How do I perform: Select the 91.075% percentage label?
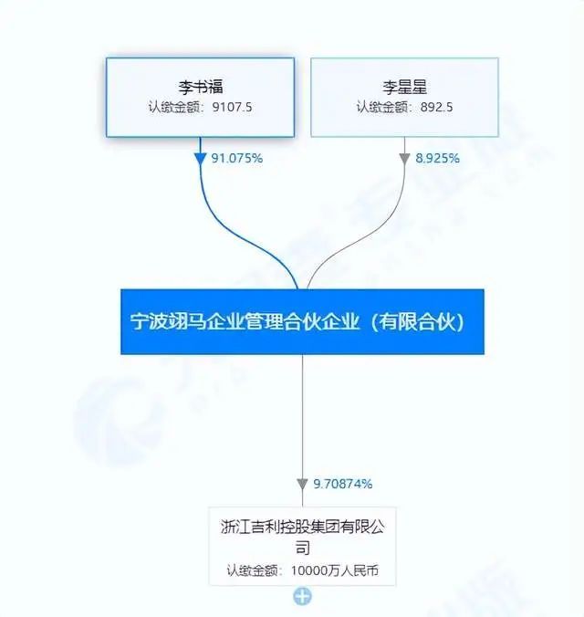[x=236, y=158]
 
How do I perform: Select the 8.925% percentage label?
[x=437, y=158]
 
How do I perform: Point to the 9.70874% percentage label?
[x=343, y=483]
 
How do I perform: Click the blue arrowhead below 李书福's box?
[x=201, y=158]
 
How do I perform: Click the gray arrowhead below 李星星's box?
[x=405, y=158]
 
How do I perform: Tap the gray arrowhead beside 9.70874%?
[x=303, y=484]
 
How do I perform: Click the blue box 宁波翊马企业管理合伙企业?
[x=302, y=322]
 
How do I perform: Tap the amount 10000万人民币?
[x=332, y=572]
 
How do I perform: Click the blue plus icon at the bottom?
[x=302, y=597]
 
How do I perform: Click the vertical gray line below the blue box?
[x=302, y=411]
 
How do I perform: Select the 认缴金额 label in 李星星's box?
[x=381, y=107]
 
